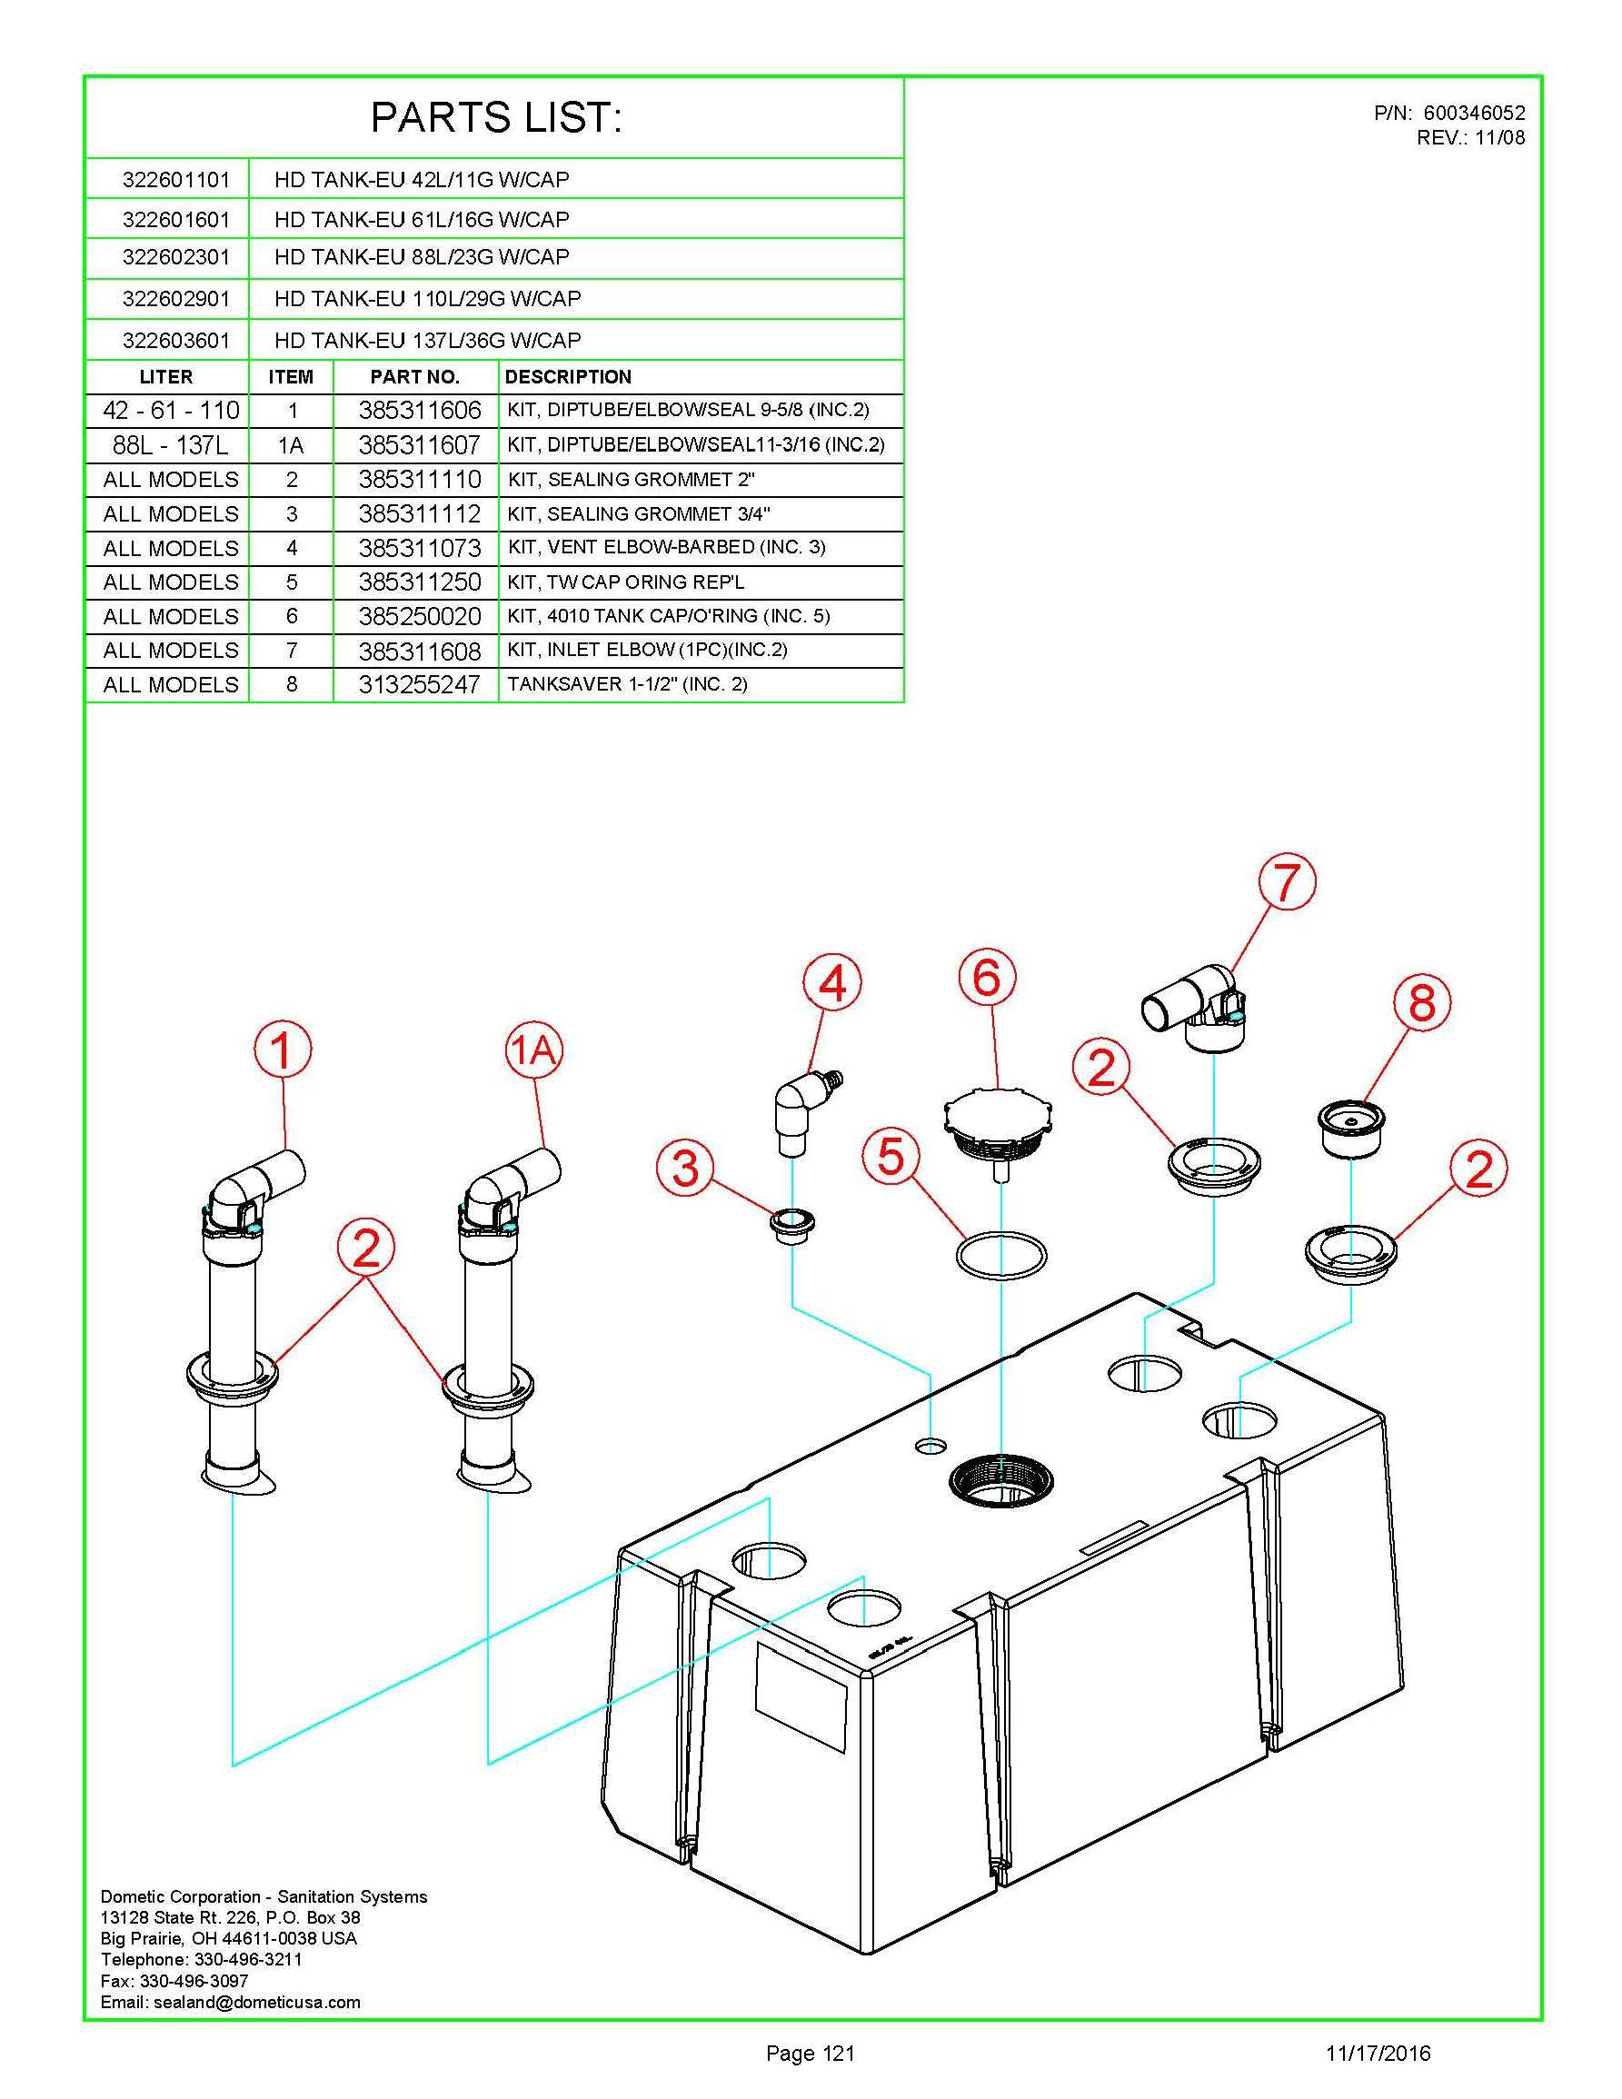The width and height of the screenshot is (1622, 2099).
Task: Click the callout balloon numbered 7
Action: coord(1287,882)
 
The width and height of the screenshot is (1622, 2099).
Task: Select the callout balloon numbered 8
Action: coord(1421,1003)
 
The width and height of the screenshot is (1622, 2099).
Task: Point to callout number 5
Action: coord(891,1157)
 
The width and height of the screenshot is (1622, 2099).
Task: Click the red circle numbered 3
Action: coord(685,1169)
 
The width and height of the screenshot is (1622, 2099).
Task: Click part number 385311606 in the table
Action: coord(419,411)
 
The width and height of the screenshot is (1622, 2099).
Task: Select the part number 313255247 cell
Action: coord(419,685)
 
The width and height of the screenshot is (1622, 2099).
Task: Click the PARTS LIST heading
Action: coord(496,118)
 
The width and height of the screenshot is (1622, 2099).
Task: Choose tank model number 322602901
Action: coord(176,299)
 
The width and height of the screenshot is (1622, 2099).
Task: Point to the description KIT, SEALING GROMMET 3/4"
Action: coord(639,514)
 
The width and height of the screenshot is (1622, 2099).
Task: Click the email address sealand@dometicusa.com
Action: coord(231,2002)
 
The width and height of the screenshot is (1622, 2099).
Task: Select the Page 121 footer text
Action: coord(810,2054)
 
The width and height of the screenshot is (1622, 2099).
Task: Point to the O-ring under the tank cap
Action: coord(1000,1255)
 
